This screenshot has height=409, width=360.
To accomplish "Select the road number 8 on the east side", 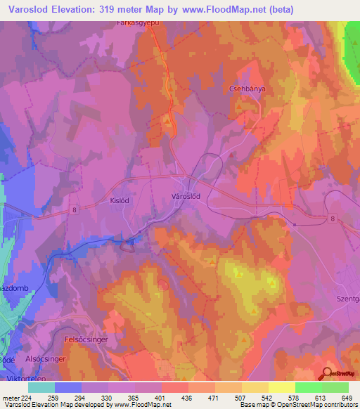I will (x=331, y=219).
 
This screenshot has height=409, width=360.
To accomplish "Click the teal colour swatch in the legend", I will (x=41, y=387).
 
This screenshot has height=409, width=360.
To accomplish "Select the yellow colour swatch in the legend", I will (x=281, y=387).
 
